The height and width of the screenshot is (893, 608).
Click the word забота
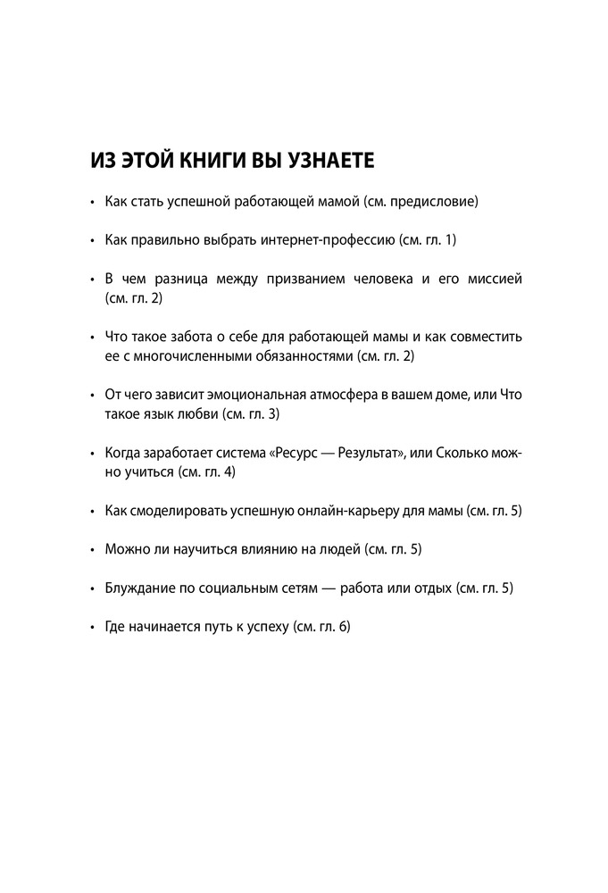[x=202, y=338]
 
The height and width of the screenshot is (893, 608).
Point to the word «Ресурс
[x=310, y=454]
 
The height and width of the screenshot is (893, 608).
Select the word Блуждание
[x=137, y=589]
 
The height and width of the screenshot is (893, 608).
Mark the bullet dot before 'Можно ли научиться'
[x=93, y=551]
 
